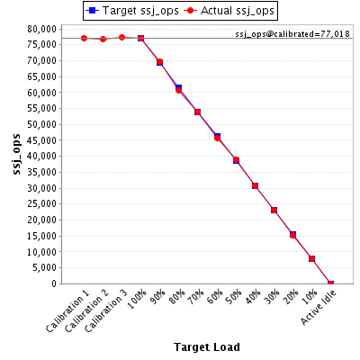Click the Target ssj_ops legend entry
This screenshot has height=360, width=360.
pyautogui.click(x=132, y=11)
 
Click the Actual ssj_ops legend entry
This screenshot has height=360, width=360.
pyautogui.click(x=229, y=11)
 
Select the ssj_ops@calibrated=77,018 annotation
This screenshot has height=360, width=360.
pyautogui.click(x=292, y=34)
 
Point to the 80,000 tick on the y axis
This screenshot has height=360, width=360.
pyautogui.click(x=41, y=29)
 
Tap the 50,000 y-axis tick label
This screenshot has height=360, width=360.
pyautogui.click(x=41, y=124)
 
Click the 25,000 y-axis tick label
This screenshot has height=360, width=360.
pyautogui.click(x=41, y=204)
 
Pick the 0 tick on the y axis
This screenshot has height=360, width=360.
pyautogui.click(x=54, y=283)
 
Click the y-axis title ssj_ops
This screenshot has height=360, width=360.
pyautogui.click(x=16, y=154)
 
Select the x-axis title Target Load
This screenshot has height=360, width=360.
pyautogui.click(x=207, y=347)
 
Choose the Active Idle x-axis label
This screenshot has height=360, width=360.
pyautogui.click(x=319, y=307)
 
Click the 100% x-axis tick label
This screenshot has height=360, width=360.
pyautogui.click(x=137, y=299)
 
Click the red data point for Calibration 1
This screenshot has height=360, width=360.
pyautogui.click(x=84, y=39)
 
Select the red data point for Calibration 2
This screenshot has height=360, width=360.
pyautogui.click(x=103, y=39)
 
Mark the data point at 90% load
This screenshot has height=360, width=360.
pyautogui.click(x=159, y=62)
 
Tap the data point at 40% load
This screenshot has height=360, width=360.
pyautogui.click(x=255, y=186)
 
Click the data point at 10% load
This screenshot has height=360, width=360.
pyautogui.click(x=311, y=258)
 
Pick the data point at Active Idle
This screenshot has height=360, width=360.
pyautogui.click(x=330, y=283)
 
